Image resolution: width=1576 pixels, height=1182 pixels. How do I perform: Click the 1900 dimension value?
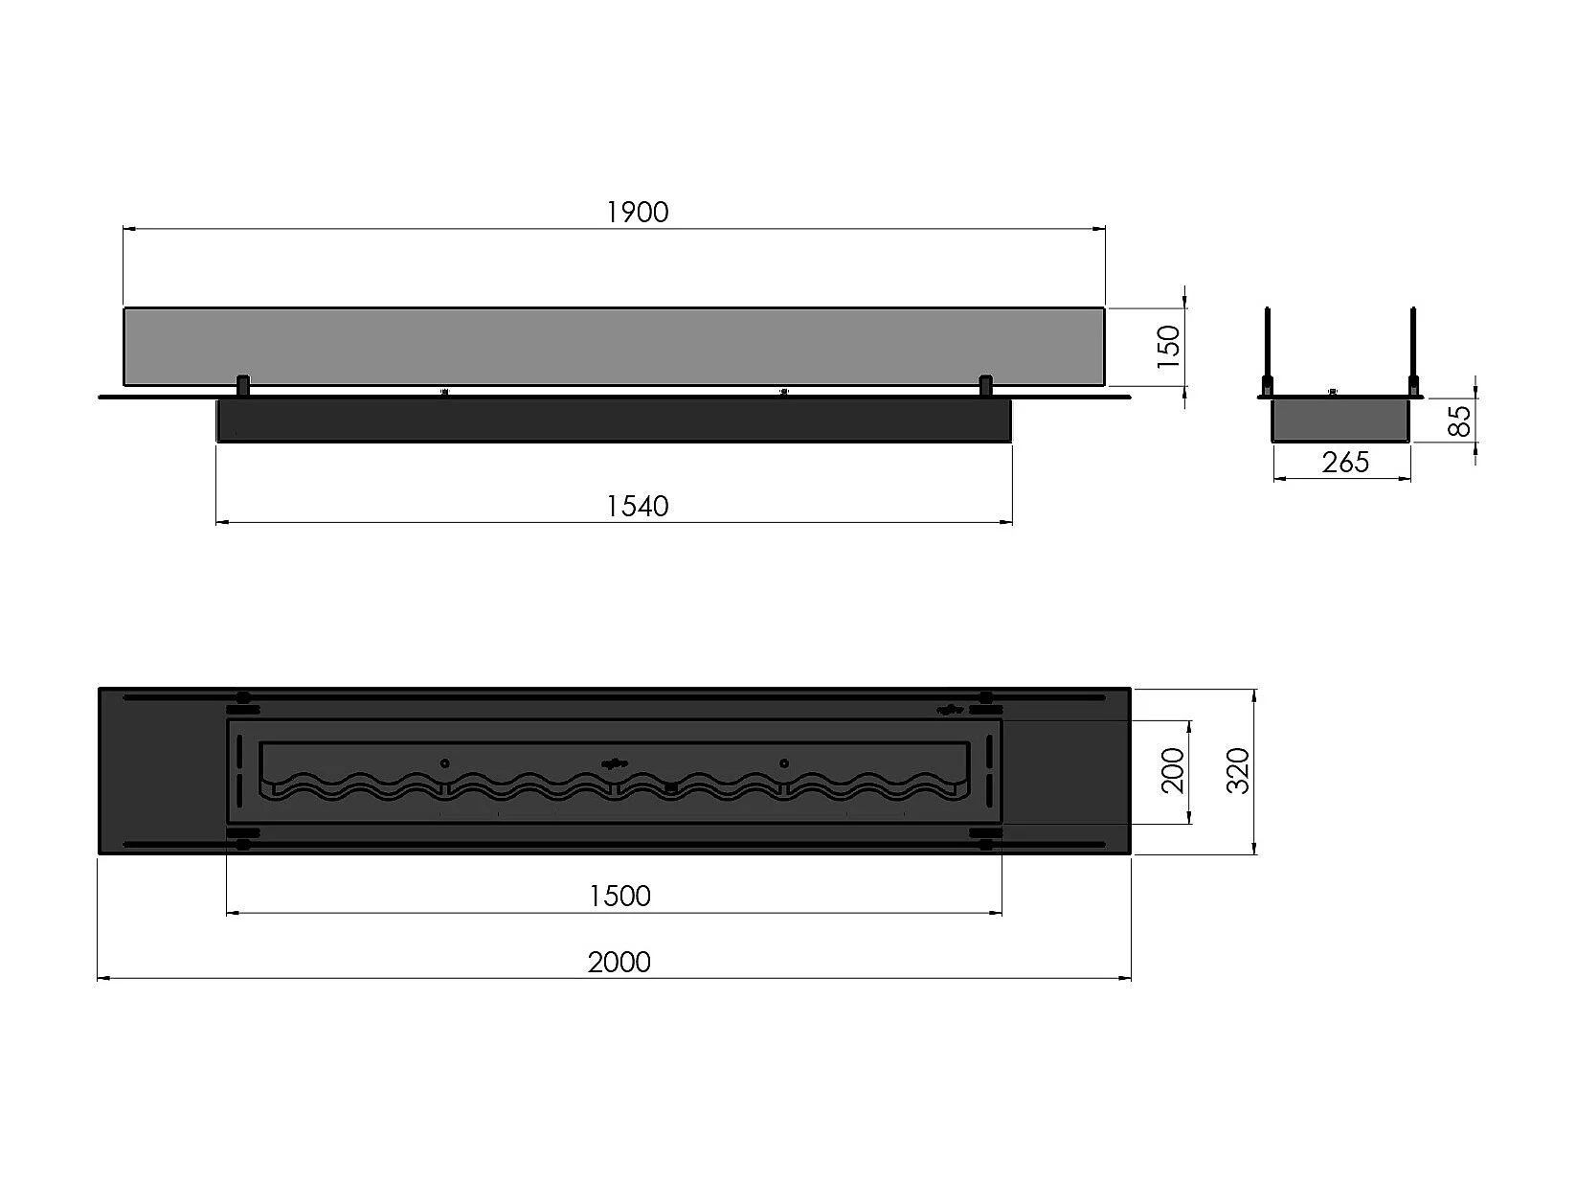tap(638, 213)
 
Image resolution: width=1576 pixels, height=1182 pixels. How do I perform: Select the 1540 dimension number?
tap(638, 507)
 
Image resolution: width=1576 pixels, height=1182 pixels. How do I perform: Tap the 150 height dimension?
tap(1169, 347)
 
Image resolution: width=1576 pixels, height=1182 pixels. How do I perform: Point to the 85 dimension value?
tap(1460, 421)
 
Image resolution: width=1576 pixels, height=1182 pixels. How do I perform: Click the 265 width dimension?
tap(1345, 463)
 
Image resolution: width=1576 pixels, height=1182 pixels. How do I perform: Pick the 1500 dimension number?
tap(619, 897)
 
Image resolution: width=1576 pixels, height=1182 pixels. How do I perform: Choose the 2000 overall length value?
tap(619, 963)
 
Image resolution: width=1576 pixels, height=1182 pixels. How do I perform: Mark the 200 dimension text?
tap(1173, 770)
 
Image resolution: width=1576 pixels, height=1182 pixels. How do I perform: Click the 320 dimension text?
tap(1239, 770)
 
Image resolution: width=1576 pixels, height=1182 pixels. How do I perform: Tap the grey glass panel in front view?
tap(614, 346)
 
